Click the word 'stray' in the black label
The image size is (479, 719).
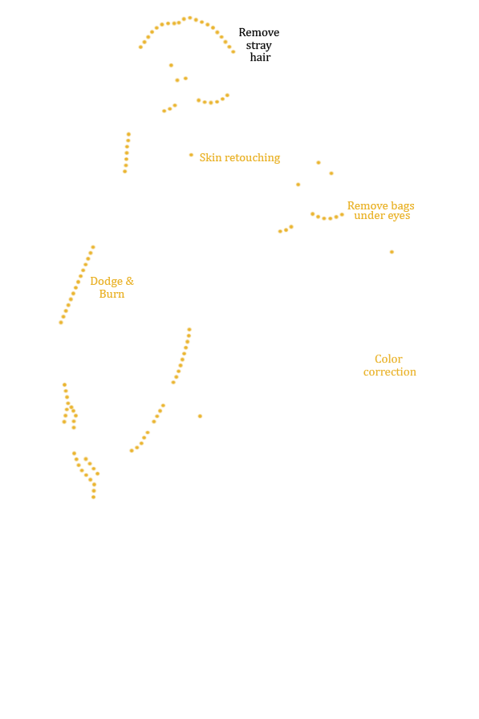pos(258,46)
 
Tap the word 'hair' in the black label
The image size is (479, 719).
pos(260,57)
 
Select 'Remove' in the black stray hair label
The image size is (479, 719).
pos(259,33)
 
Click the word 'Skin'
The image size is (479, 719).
pos(210,157)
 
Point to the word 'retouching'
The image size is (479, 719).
pos(253,158)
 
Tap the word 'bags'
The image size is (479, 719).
pos(403,206)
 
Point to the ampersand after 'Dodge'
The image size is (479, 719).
pos(130,281)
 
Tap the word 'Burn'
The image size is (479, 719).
pos(112,294)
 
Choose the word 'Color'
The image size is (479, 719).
pos(388,359)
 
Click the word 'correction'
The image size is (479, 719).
pos(390,372)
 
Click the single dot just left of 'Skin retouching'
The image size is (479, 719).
pos(191,155)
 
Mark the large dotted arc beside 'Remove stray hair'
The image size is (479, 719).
pos(190,18)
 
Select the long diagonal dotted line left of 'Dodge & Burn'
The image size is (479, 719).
pos(77,285)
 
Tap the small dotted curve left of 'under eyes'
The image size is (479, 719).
pos(327,217)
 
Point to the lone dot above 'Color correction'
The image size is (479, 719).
pos(392,252)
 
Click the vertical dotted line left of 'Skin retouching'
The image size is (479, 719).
pos(127,152)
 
